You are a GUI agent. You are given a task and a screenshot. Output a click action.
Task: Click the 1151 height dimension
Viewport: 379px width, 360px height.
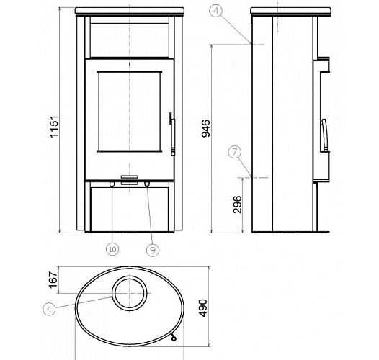click(54, 127)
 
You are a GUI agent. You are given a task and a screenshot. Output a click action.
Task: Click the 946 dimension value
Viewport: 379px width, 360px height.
click(206, 128)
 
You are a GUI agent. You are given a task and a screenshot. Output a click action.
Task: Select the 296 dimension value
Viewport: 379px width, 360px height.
click(237, 204)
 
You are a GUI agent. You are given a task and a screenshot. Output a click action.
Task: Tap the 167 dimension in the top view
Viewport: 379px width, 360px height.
click(53, 280)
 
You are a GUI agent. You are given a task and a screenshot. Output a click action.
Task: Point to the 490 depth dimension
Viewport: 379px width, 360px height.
click(203, 308)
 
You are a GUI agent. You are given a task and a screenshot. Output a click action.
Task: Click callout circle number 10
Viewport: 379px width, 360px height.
click(112, 249)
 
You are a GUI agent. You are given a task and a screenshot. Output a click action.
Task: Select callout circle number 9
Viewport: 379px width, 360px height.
click(153, 250)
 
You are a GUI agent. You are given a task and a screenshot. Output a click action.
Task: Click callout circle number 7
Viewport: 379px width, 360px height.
click(235, 152)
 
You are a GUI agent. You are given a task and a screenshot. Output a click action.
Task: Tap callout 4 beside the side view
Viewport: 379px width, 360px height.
click(216, 11)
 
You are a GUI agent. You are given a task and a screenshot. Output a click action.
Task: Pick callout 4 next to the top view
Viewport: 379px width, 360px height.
click(49, 309)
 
